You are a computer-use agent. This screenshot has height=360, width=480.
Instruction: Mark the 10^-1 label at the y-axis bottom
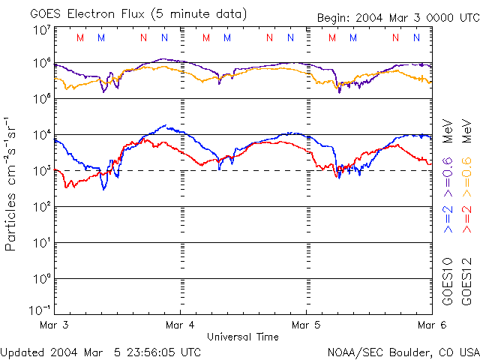(40, 310)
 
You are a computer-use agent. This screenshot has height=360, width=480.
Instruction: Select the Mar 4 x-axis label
(180, 325)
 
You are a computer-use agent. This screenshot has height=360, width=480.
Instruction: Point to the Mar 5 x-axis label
(306, 325)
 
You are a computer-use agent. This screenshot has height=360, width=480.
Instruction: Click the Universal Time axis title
(242, 337)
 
